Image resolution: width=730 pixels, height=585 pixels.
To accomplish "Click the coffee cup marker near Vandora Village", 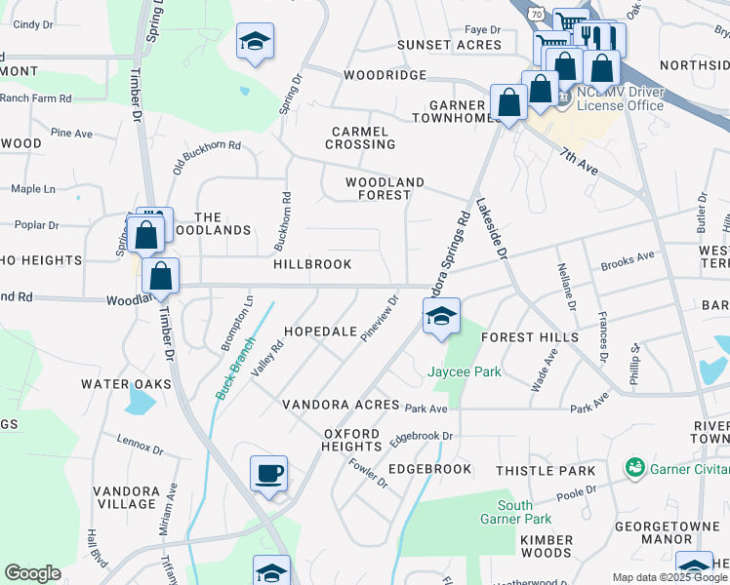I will click(x=268, y=474).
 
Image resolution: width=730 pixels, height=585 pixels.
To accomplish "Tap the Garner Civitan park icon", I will click(x=635, y=468).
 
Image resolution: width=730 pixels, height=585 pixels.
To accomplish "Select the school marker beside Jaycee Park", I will click(x=441, y=316).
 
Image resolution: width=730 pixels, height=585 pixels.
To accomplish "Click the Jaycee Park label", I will click(x=464, y=371).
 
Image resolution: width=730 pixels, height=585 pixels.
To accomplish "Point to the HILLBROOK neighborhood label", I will click(x=312, y=264).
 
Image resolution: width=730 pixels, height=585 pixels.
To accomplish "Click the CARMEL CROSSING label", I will click(x=362, y=137).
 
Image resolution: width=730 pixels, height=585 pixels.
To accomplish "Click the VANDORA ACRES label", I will click(x=341, y=405).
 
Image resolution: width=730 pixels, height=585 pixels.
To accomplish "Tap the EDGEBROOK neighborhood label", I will click(x=429, y=469).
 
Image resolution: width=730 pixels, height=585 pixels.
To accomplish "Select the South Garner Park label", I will click(x=515, y=512).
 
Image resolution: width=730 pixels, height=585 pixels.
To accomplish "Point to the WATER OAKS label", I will click(x=126, y=384).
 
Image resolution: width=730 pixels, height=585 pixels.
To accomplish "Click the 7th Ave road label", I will click(x=579, y=161).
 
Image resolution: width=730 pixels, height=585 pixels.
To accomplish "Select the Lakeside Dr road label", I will click(x=493, y=230).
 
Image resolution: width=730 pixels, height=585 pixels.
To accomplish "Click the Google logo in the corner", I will click(x=32, y=573).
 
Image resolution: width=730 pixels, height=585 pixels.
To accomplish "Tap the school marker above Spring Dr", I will click(x=255, y=42).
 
